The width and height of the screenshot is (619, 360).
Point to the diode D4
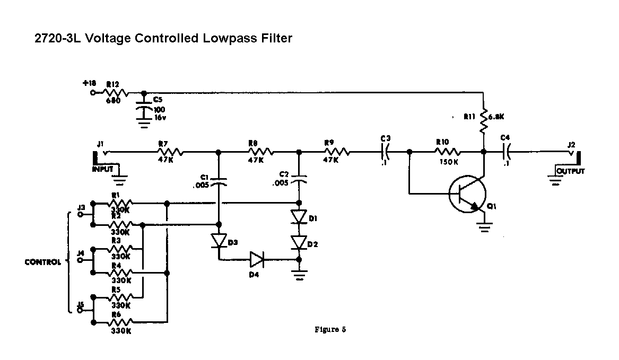coord(257,259)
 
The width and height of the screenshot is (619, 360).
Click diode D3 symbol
coord(219,241)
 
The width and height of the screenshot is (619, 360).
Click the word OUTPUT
coord(570,171)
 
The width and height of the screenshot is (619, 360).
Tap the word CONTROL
coord(42,262)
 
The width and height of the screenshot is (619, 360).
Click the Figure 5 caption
coord(330,330)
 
